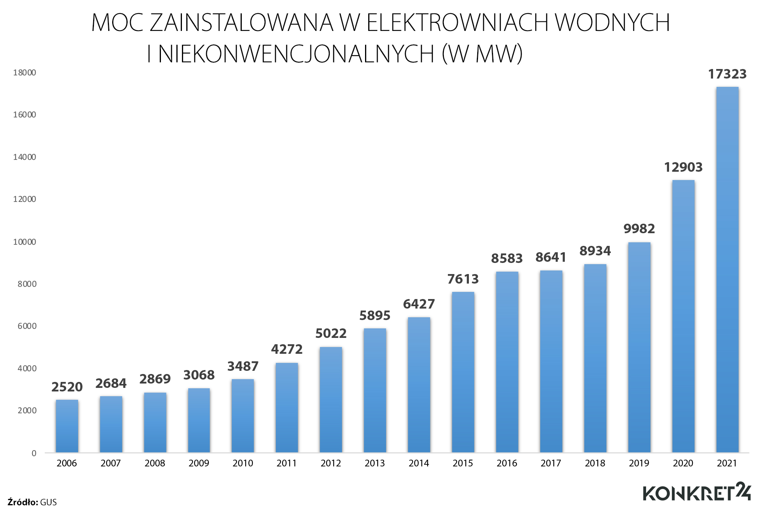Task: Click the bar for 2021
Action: point(727,270)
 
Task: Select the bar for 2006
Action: point(67,426)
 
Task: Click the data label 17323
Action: point(727,74)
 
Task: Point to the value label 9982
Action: point(639,229)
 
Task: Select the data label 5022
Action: point(331,334)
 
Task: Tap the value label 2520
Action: point(67,387)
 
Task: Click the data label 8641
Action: point(551,257)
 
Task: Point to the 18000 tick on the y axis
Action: point(25,73)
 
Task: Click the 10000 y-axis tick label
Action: point(25,242)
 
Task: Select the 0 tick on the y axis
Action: point(34,453)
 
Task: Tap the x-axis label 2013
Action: point(375,463)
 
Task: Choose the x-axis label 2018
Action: point(595,463)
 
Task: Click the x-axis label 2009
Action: point(199,463)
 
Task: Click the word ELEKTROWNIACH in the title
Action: point(457,23)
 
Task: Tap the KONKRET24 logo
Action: point(696,493)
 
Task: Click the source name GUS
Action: point(48,502)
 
